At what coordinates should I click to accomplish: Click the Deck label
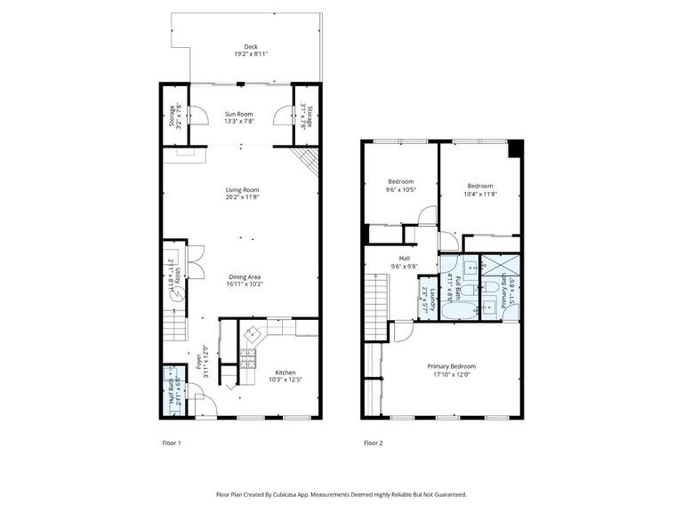click(x=251, y=47)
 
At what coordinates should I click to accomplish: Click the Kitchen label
click(x=285, y=372)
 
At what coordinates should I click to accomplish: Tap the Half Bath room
click(x=174, y=392)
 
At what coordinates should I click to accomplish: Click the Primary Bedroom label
click(x=451, y=366)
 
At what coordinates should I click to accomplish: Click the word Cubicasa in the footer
click(x=314, y=494)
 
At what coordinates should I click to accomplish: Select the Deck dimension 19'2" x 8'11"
click(x=251, y=54)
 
